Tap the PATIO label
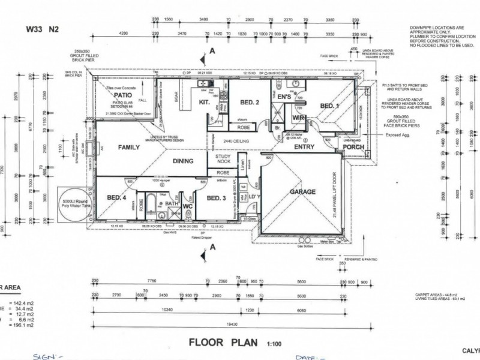point(123,95)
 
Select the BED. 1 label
point(329,106)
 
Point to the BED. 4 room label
point(116,198)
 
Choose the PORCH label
point(353,147)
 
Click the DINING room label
point(183,161)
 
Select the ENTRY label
point(304,146)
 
